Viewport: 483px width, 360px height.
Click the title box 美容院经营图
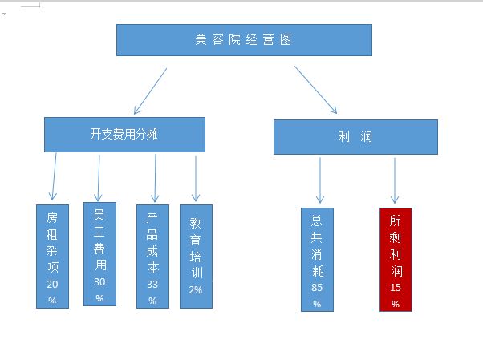click(244, 40)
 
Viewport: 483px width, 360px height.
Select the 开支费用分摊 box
click(124, 135)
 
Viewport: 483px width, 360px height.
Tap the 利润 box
click(355, 137)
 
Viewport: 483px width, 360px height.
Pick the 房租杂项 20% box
click(52, 257)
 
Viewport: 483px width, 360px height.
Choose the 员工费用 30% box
click(99, 254)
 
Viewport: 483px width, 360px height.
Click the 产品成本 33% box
click(152, 257)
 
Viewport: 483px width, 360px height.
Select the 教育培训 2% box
click(196, 257)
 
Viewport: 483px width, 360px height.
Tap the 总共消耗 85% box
click(317, 260)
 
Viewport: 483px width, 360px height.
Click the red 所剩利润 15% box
click(396, 260)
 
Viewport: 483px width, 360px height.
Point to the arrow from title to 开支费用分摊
click(150, 91)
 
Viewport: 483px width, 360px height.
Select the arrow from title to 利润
click(315, 90)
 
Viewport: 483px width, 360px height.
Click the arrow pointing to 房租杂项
click(55, 176)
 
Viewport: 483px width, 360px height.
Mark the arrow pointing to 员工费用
click(99, 178)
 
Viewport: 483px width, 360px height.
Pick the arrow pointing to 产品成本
click(155, 178)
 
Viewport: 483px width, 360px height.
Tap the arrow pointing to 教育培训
click(196, 179)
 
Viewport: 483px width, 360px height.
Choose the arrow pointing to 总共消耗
click(320, 180)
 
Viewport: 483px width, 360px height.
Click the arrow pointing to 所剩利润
click(395, 180)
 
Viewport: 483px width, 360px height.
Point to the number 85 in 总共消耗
click(317, 288)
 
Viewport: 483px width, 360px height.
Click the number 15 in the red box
click(396, 288)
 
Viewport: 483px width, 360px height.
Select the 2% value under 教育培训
click(196, 289)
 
